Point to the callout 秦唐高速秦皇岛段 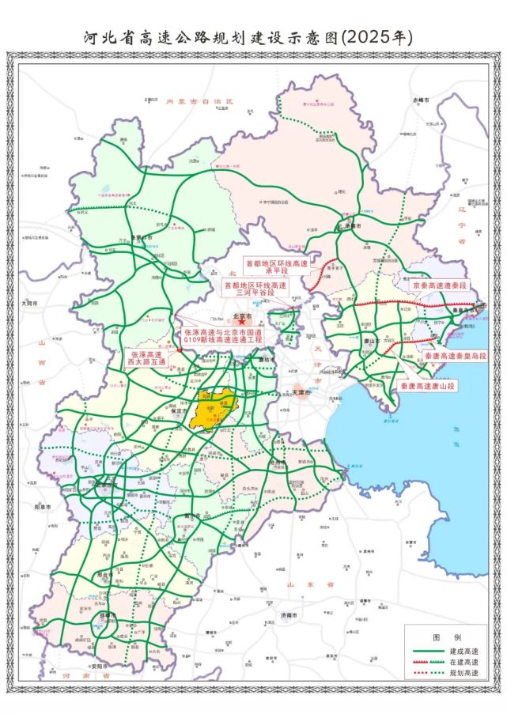click(455, 357)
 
